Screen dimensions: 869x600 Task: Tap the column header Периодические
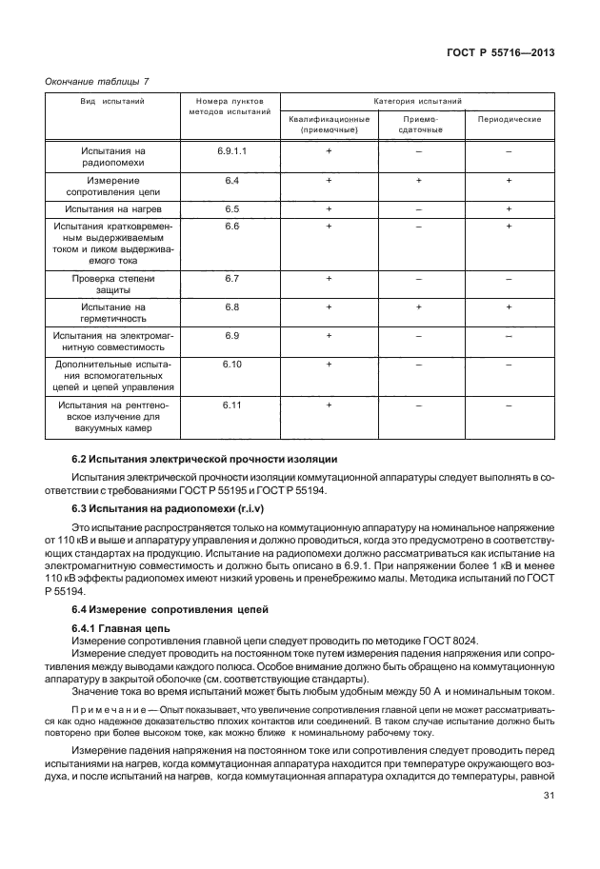510,119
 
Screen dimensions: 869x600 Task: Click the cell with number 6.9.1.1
233,150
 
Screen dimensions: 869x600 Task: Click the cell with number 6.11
233,405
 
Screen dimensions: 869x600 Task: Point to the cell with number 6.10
233,365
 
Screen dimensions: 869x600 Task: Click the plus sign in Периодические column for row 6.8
510,307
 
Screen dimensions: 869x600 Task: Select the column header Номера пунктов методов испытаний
233,107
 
